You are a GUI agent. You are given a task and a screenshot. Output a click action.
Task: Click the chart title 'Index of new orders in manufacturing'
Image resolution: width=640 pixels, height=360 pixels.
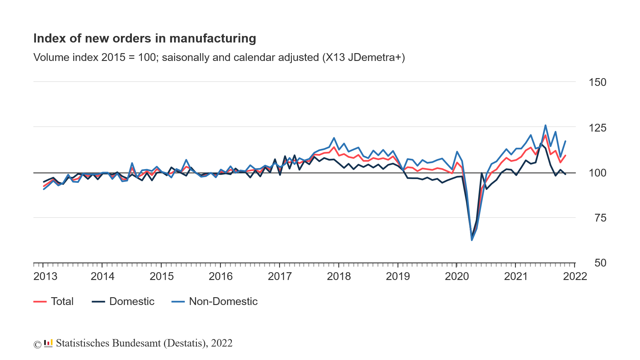[x=145, y=38]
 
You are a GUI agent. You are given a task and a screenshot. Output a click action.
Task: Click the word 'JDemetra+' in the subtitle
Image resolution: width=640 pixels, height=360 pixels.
[x=376, y=57]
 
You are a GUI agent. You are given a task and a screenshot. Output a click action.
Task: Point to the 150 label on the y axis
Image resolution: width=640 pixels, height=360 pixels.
[x=597, y=82]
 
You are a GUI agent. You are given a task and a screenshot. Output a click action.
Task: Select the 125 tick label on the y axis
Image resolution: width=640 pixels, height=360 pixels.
[x=597, y=128]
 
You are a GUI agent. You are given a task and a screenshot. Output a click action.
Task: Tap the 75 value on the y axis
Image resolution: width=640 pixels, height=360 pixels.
[x=600, y=218]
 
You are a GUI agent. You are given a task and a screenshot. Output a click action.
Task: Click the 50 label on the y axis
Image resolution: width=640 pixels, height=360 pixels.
[x=600, y=263]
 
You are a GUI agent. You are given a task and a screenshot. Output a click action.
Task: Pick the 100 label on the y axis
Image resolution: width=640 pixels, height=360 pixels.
[x=597, y=173]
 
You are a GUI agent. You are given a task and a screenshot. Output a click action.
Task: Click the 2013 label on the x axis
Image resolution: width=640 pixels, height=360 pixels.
[x=45, y=277]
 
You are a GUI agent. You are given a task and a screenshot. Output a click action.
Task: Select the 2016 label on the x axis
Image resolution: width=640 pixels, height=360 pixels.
[x=221, y=277]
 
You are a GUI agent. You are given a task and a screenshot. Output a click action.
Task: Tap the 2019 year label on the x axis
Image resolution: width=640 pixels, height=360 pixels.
[x=398, y=277]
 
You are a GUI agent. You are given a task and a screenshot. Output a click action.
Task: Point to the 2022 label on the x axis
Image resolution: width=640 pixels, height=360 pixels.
[x=575, y=277]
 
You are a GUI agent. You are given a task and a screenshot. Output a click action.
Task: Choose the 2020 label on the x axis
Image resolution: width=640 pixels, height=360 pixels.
[x=457, y=277]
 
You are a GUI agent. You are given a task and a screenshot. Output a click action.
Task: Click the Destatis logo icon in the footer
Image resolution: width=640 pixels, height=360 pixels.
[x=48, y=343]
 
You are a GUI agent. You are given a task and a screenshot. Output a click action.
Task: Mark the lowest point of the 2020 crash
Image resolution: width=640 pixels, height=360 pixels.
[x=472, y=240]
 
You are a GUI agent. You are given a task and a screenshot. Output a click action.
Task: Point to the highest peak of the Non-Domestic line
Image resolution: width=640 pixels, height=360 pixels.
[x=545, y=125]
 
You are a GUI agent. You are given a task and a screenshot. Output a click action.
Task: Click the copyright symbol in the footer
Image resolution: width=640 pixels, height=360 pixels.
[x=37, y=344]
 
